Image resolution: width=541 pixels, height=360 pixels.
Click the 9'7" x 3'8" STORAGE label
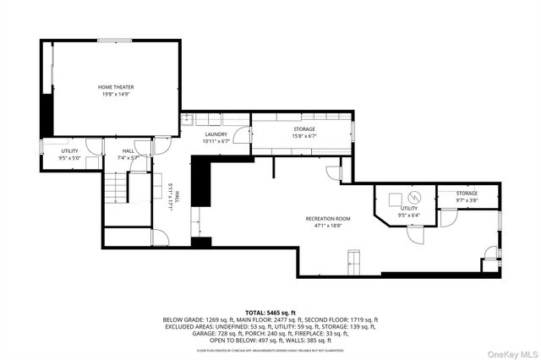467,197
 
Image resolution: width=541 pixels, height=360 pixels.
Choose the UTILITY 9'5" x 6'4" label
409,211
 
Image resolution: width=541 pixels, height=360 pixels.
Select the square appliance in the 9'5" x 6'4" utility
395,199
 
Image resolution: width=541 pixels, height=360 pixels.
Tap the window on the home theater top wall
107,40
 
